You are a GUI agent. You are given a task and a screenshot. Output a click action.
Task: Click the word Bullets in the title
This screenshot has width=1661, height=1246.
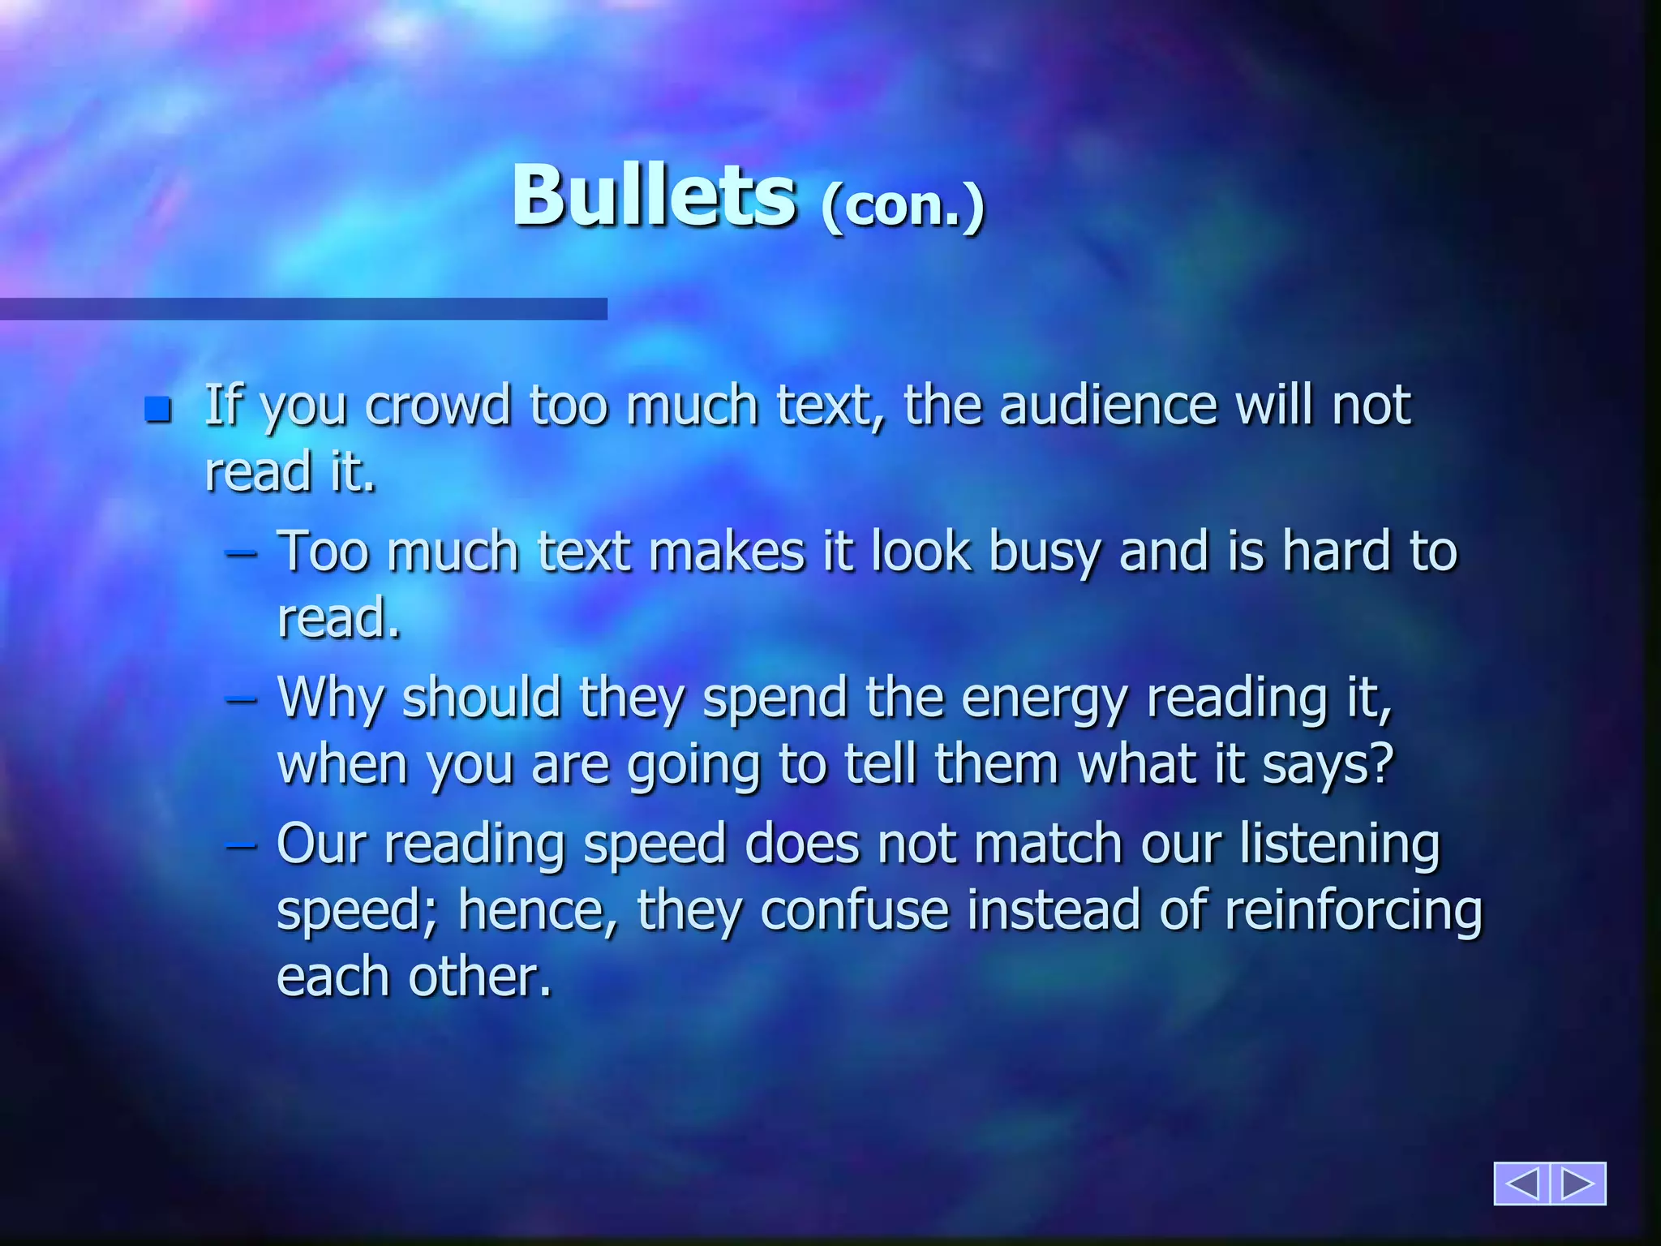[653, 197]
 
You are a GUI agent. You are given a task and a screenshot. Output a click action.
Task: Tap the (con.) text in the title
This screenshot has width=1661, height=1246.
[902, 207]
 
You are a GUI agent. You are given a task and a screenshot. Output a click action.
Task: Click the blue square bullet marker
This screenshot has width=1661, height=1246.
[158, 410]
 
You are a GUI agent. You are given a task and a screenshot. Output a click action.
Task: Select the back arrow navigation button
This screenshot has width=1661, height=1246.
[1522, 1184]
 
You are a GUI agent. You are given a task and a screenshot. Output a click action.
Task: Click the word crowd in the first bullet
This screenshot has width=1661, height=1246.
[438, 405]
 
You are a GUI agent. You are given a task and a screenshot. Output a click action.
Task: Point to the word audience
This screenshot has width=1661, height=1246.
[1108, 405]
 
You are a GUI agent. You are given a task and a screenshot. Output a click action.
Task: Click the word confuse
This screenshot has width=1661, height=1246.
[855, 910]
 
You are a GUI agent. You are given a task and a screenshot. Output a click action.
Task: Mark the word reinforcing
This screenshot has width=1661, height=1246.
[1353, 912]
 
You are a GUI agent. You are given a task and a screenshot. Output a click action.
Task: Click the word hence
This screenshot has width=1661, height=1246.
[536, 910]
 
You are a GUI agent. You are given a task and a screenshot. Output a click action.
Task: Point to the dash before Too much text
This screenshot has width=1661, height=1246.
[241, 555]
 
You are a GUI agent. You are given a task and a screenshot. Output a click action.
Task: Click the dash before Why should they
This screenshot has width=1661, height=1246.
[241, 700]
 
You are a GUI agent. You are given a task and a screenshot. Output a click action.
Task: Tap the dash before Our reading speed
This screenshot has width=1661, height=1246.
[241, 846]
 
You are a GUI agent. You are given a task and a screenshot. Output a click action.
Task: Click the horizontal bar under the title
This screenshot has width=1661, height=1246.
[303, 309]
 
